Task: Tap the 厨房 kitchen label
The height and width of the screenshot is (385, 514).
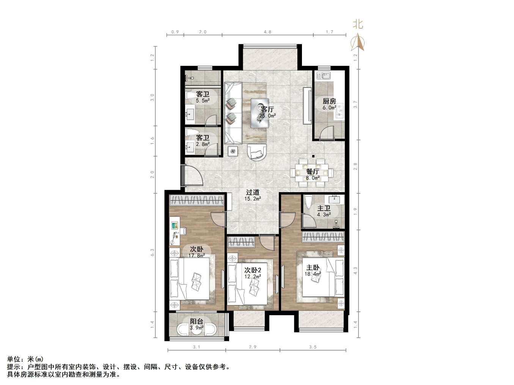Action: (329, 101)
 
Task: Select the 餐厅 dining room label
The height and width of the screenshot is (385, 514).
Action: (313, 171)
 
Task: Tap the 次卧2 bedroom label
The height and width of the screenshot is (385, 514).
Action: (252, 270)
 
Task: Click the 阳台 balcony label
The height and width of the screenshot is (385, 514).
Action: (196, 321)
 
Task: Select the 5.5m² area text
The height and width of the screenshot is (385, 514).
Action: (203, 101)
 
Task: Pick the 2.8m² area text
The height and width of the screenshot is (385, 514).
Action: (203, 144)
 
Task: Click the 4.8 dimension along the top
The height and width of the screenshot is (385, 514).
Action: (267, 32)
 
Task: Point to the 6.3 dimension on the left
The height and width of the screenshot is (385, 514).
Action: (152, 252)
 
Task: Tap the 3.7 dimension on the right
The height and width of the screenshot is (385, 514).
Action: (355, 104)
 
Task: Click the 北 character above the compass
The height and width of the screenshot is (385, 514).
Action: (358, 25)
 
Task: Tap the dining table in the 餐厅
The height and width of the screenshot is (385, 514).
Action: (313, 172)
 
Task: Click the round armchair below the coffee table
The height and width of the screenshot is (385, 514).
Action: (257, 152)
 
